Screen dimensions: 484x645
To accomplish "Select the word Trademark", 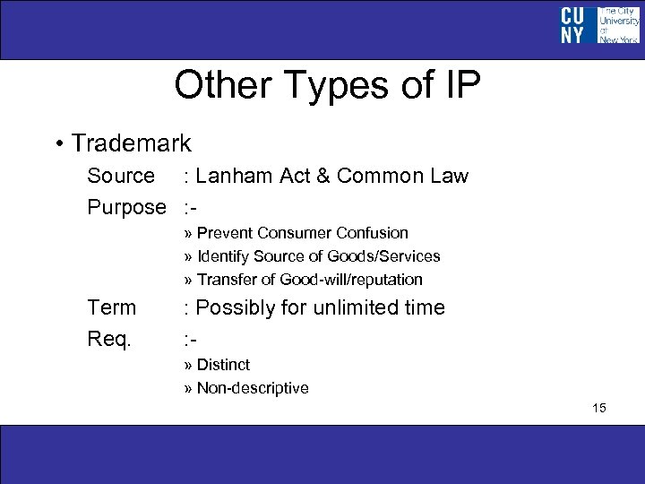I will pyautogui.click(x=131, y=143).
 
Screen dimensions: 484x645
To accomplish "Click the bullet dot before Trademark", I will pyautogui.click(x=58, y=144).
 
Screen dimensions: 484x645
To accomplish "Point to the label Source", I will pyautogui.click(x=120, y=176).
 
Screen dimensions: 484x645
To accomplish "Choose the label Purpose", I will pyautogui.click(x=126, y=207).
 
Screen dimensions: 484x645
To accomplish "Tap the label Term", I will pyautogui.click(x=112, y=307).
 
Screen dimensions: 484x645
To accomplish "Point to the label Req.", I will pyautogui.click(x=110, y=340).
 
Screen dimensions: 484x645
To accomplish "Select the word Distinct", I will pyautogui.click(x=223, y=365).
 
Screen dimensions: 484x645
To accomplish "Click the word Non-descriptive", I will pyautogui.click(x=253, y=388).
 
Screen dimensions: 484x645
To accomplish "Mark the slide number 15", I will pyautogui.click(x=598, y=409).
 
